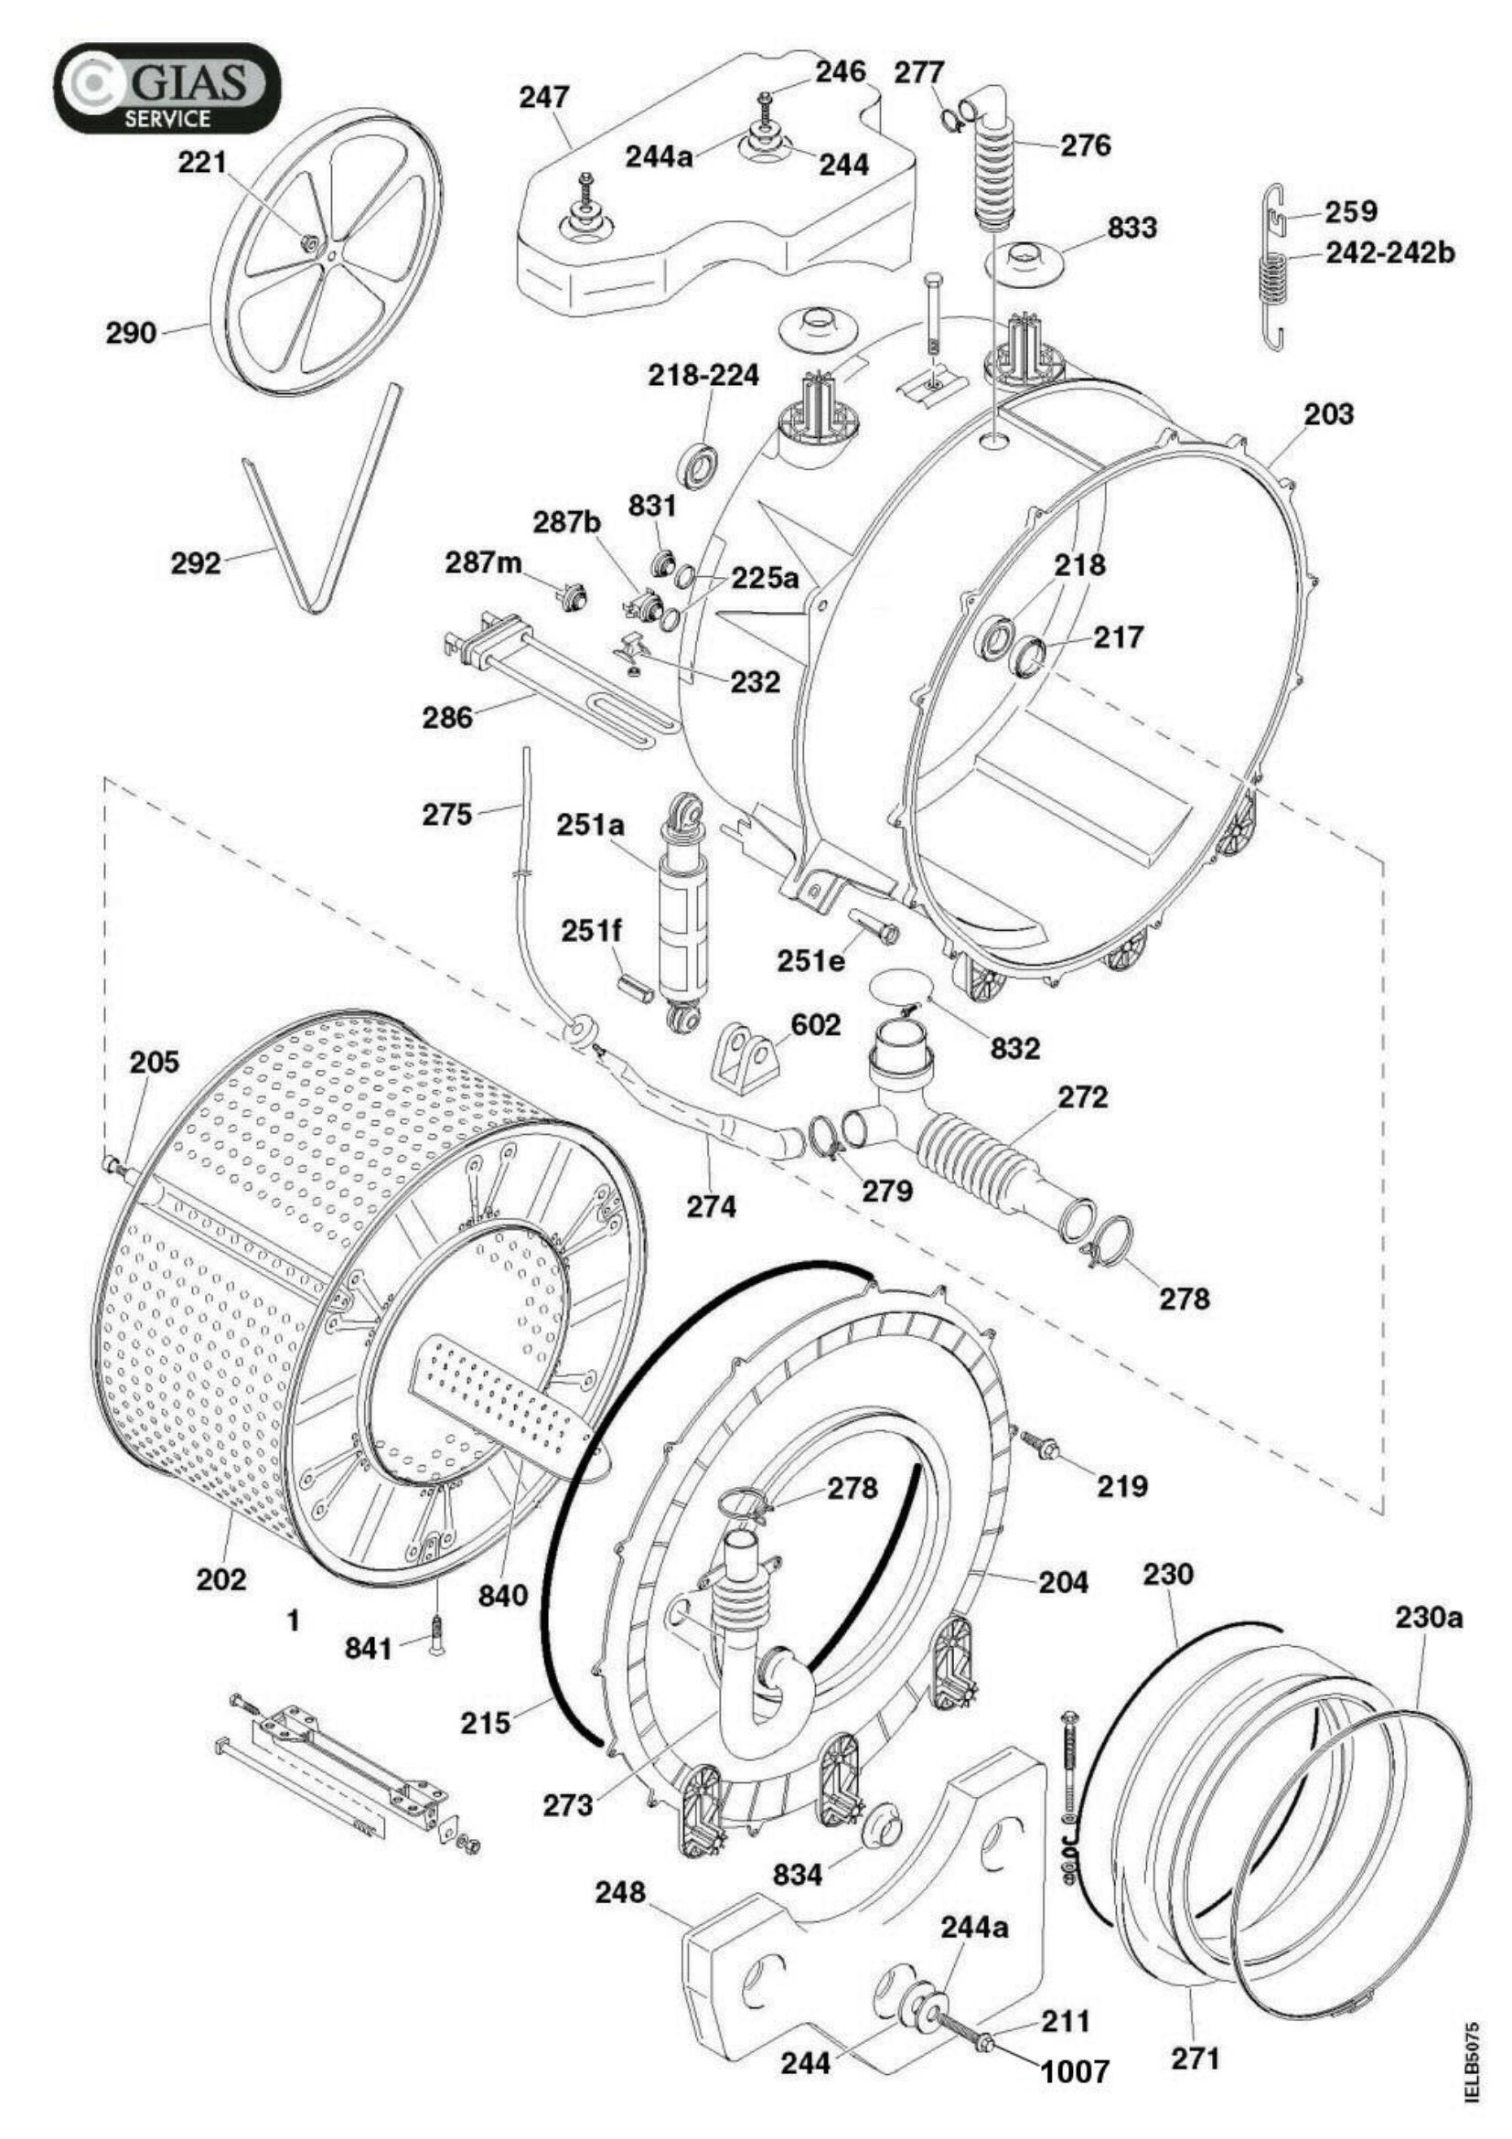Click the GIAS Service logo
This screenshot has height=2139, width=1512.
click(x=166, y=89)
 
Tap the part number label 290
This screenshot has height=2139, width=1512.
click(x=132, y=333)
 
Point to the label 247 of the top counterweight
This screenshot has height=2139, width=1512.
click(x=545, y=96)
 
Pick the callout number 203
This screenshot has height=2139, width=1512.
click(x=1327, y=413)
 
